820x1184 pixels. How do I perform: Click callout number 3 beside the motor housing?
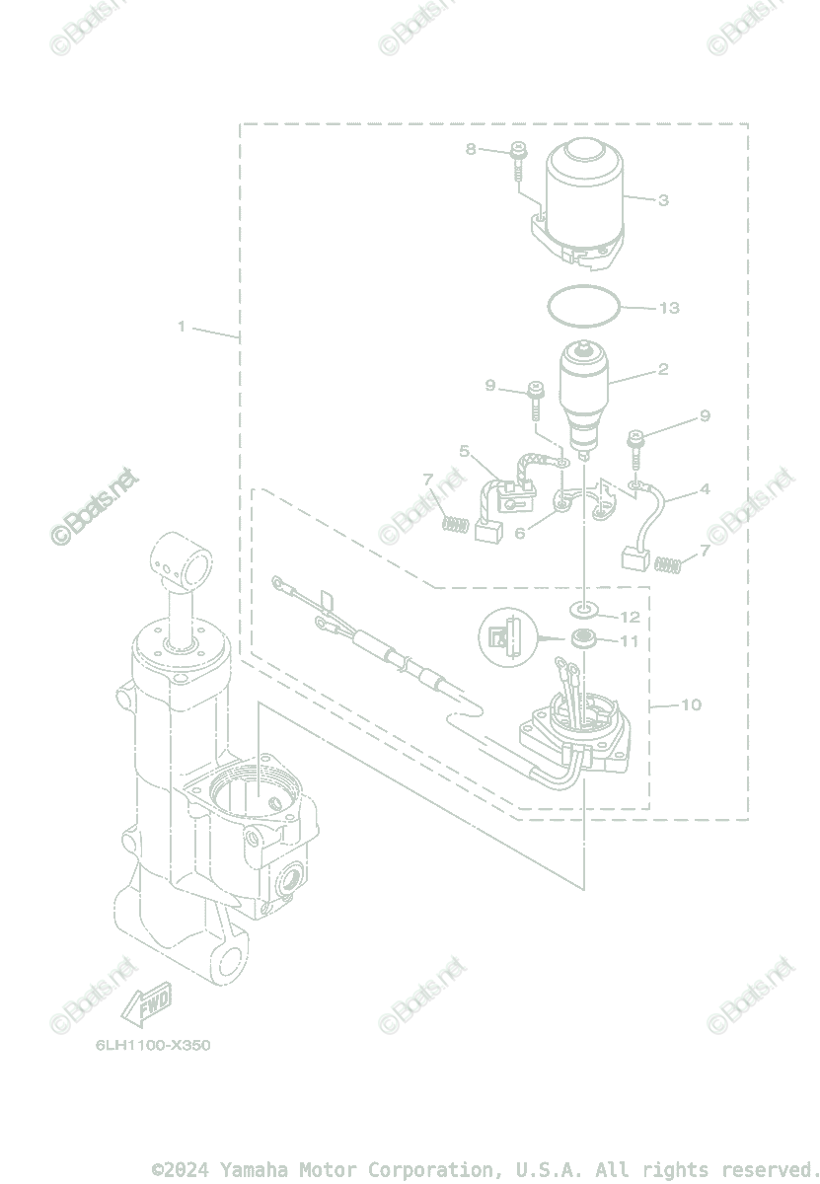tap(663, 200)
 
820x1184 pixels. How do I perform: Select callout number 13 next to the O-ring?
tap(669, 308)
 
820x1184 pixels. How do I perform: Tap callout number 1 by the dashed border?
tap(182, 327)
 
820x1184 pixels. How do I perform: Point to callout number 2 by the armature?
tap(663, 370)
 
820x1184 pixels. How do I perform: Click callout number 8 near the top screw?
tap(471, 149)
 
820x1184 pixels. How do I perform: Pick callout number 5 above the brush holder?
tap(464, 451)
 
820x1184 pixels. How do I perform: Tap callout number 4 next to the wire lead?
tap(705, 489)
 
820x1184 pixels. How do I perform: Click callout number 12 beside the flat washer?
tap(630, 618)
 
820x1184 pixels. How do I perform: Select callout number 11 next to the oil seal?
tap(630, 641)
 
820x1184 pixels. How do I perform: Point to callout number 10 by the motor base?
tap(691, 704)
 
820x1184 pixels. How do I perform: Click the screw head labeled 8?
tap(519, 151)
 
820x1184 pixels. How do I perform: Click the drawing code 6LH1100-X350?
tap(153, 1045)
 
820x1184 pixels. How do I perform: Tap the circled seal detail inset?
tap(506, 636)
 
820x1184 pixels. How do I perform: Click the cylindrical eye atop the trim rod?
tap(181, 563)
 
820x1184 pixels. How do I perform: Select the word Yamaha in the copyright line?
tap(254, 1170)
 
